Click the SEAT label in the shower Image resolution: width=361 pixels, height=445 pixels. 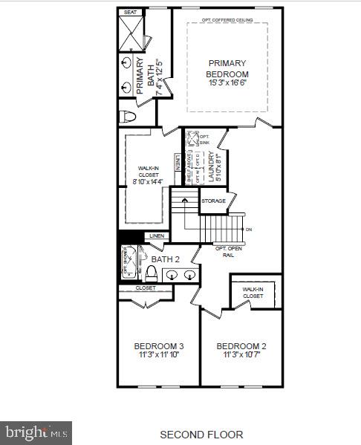(130, 13)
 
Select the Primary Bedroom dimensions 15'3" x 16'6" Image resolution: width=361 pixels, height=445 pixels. (228, 85)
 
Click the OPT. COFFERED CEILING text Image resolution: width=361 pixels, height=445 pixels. (227, 20)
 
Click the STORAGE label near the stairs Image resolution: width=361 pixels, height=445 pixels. (214, 201)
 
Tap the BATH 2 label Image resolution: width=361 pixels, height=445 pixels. (166, 259)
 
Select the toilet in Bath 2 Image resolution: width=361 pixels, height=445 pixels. (152, 273)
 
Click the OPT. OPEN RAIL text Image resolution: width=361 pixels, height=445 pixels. (230, 250)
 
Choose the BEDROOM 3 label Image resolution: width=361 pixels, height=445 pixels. (158, 346)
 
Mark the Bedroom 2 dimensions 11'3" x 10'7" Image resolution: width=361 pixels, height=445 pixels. (241, 355)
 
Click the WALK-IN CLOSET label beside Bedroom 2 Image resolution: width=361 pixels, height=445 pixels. (253, 292)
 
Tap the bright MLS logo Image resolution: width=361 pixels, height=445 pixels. (36, 431)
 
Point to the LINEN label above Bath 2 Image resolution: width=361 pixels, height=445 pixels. (157, 236)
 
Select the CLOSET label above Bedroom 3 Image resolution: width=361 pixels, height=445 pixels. (146, 288)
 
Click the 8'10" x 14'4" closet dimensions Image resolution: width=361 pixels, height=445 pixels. (149, 181)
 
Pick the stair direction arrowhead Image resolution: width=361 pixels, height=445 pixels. (186, 200)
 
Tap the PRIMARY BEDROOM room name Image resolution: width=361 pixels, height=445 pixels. (228, 68)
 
